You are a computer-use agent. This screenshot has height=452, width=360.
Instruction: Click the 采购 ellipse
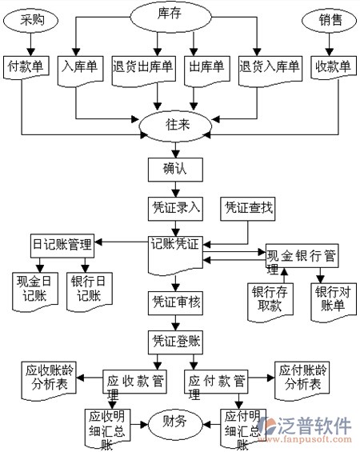coord(30,20)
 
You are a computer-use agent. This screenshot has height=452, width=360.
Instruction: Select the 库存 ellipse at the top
coord(170,17)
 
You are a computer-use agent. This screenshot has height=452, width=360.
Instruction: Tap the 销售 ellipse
coord(329,20)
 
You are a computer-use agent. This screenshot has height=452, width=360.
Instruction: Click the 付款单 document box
coord(26,67)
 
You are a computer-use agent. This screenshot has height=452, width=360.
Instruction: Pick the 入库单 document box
coord(81,70)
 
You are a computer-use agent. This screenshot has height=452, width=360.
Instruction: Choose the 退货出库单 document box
coord(143,70)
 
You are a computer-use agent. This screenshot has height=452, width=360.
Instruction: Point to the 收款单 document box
coord(334,67)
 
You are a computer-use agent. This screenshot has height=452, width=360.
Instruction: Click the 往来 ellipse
coord(175,126)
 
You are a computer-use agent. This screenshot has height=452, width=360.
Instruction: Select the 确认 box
coord(175,170)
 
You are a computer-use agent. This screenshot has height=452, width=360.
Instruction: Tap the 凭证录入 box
coord(175,209)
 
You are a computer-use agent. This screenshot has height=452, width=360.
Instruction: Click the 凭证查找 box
coord(247,209)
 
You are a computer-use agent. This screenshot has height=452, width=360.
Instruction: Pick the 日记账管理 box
coord(62,246)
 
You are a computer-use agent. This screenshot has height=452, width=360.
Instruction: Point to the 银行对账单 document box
coord(334,302)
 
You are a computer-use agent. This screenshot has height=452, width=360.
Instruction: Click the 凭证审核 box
coord(175,303)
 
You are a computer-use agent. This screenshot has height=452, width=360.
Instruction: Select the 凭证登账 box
coord(175,342)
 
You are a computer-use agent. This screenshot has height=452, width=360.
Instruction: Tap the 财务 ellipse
coord(175,424)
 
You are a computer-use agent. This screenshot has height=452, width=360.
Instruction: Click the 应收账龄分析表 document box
coord(49,381)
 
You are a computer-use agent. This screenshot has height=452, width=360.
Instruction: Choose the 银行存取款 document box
coord(270,302)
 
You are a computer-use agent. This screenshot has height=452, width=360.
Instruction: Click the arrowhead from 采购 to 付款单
coord(30,52)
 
